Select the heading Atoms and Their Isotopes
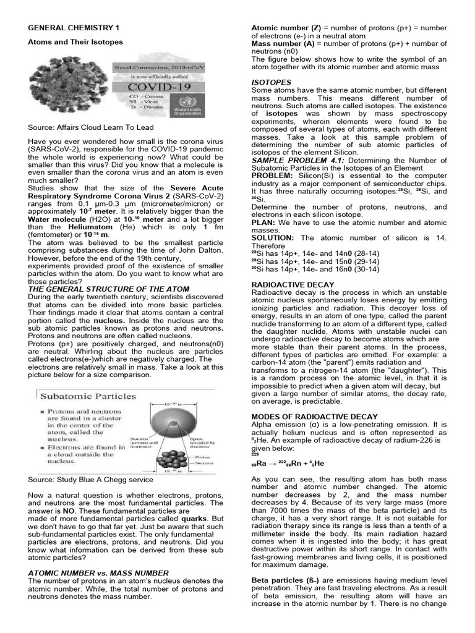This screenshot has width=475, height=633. (75, 42)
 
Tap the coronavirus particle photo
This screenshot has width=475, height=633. (69, 83)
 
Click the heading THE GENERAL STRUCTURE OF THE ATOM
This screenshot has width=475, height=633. (108, 289)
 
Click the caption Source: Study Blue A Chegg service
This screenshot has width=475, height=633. (90, 479)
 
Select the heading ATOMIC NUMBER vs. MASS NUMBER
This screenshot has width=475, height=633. (98, 573)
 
